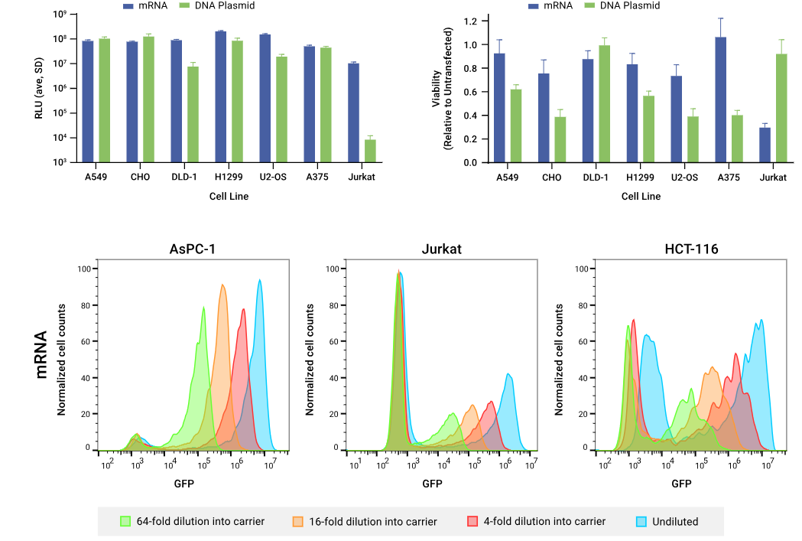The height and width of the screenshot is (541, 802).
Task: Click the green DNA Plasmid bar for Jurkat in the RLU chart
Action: coord(370,151)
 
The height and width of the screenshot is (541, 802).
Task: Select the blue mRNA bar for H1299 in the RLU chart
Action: coord(221,96)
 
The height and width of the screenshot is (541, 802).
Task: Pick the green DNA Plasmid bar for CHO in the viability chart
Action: coord(560,139)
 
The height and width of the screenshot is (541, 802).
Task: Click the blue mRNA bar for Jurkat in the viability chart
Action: coord(765,145)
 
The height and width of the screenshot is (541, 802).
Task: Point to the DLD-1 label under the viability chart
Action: coord(596,178)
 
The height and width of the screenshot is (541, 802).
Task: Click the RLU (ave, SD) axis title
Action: coord(38,86)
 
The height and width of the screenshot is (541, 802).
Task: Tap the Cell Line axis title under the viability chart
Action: coord(641,197)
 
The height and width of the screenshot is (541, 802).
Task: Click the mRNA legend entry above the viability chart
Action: coord(554,5)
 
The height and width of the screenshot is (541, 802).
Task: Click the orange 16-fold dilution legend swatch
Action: coord(298,521)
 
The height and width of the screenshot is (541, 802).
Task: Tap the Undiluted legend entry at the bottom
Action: coord(667,521)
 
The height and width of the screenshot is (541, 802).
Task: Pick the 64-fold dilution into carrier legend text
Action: coord(200,521)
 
